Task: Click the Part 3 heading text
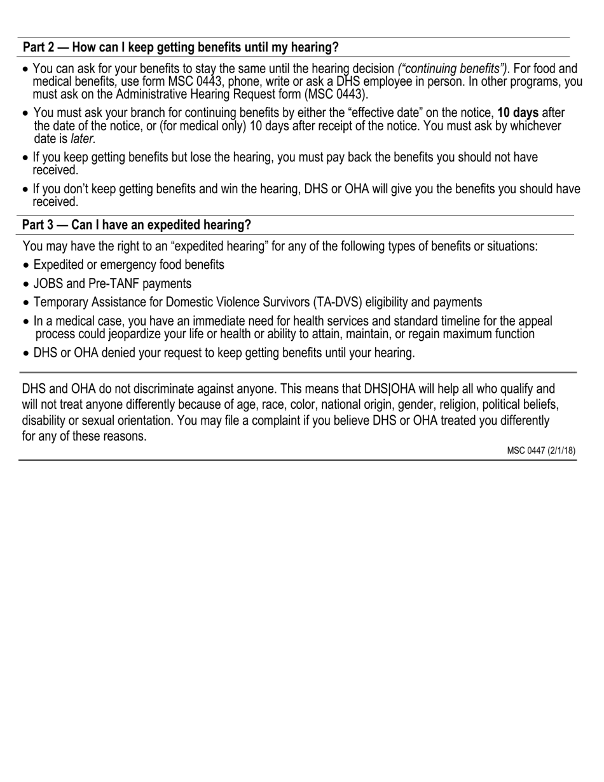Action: (x=136, y=225)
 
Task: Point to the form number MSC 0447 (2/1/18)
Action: (x=541, y=451)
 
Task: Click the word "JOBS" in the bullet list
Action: (x=48, y=284)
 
